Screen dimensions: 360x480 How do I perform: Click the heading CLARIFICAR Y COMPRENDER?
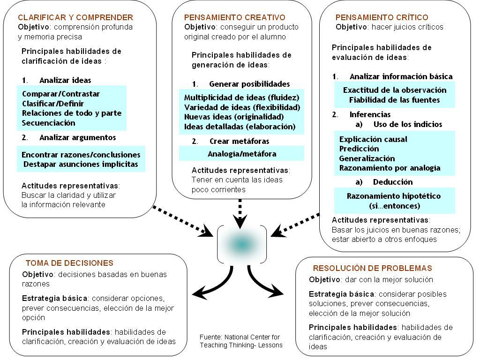tap(75, 17)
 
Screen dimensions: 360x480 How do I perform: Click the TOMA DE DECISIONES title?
tap(69, 263)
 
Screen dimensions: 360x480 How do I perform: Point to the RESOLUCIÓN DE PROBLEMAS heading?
tap(372, 268)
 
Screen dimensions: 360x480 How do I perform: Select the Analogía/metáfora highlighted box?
tap(241, 154)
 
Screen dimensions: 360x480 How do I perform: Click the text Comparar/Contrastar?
tap(61, 94)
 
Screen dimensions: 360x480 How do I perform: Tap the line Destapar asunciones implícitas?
tap(81, 164)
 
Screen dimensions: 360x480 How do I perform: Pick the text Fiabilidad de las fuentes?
tap(394, 99)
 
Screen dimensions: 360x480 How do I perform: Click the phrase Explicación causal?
tap(373, 139)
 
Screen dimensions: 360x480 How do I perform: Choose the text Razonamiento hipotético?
tap(394, 196)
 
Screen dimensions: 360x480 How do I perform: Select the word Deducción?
tap(393, 182)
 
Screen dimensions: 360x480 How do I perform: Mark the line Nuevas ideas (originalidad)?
tap(234, 117)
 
